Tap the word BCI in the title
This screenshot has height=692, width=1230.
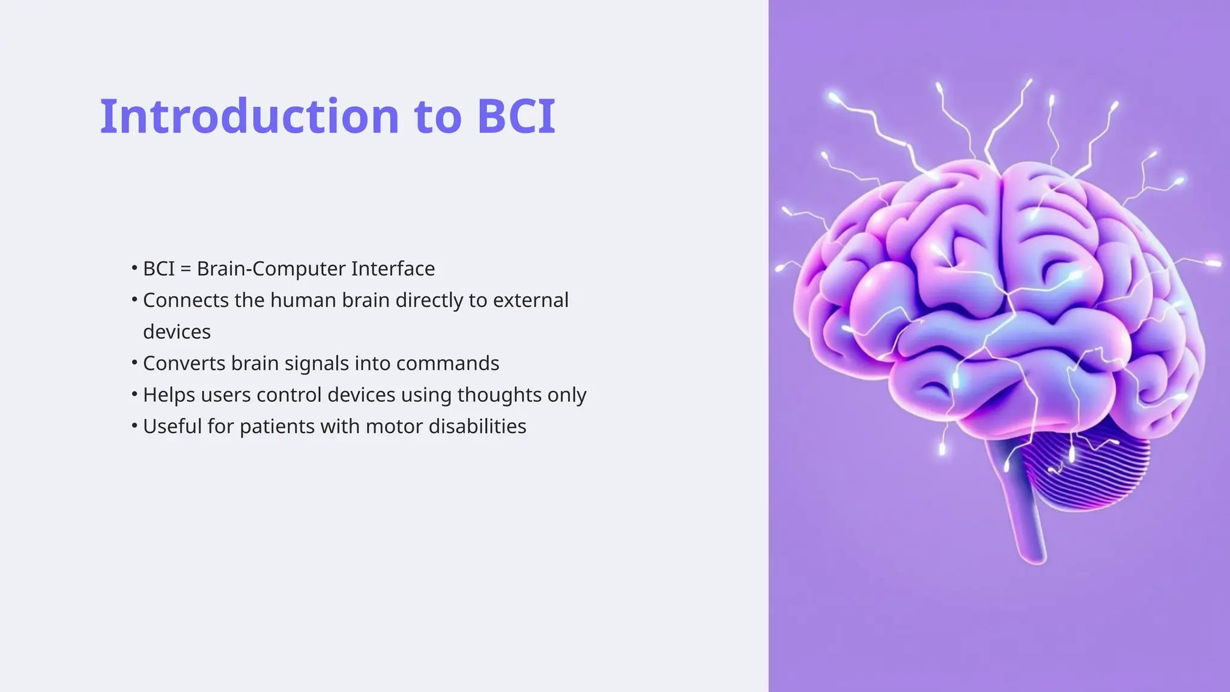coord(516,116)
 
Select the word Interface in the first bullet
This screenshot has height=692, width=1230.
coord(393,269)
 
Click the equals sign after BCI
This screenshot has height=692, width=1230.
coord(186,269)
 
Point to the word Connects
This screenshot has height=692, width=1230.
coord(186,300)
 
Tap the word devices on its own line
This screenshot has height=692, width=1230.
coord(177,332)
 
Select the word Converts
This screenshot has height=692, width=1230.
coord(184,363)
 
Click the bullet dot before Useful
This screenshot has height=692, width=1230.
coord(135,426)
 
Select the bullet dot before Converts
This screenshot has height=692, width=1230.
coord(135,363)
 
